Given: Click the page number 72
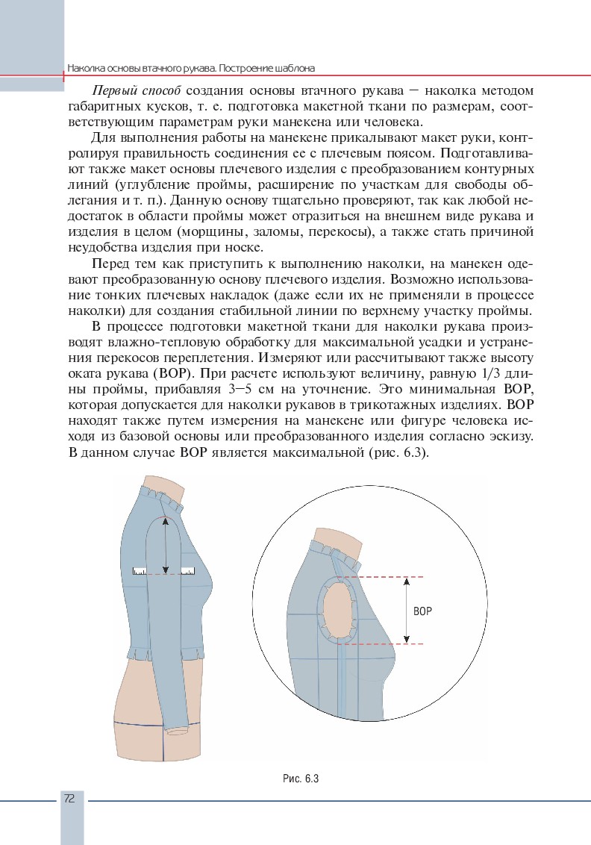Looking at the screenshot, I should tap(69, 798).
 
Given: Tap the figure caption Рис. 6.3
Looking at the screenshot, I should tap(301, 779).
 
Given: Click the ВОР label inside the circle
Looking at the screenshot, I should tap(422, 610).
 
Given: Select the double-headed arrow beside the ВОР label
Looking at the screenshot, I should tap(407, 610).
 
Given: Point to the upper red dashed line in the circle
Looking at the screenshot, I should tap(381, 577).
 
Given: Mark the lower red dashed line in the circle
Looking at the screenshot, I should tap(381, 643).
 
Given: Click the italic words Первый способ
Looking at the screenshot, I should tap(137, 91).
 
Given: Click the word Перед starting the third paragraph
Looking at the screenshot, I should tap(107, 264).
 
